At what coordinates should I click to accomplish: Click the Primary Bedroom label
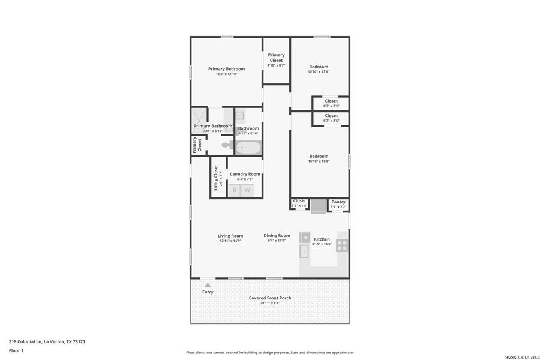(226, 69)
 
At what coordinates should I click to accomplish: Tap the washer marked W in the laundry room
(247, 190)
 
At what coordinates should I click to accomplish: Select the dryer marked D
(235, 190)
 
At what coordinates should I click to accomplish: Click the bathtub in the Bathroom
(248, 147)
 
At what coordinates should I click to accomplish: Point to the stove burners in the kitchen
(342, 244)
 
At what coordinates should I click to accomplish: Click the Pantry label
(338, 202)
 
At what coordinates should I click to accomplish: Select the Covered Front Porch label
(270, 298)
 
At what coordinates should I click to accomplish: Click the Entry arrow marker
(208, 284)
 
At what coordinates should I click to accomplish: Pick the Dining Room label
(277, 236)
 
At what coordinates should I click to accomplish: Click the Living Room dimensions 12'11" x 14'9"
(230, 241)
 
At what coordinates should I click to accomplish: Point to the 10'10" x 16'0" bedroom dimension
(319, 161)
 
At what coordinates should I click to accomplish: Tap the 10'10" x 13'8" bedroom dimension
(319, 72)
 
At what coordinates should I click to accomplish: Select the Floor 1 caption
(16, 350)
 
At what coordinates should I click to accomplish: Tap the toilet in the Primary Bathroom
(226, 145)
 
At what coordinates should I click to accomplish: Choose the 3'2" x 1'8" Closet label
(299, 203)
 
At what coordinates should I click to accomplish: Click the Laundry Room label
(245, 174)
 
